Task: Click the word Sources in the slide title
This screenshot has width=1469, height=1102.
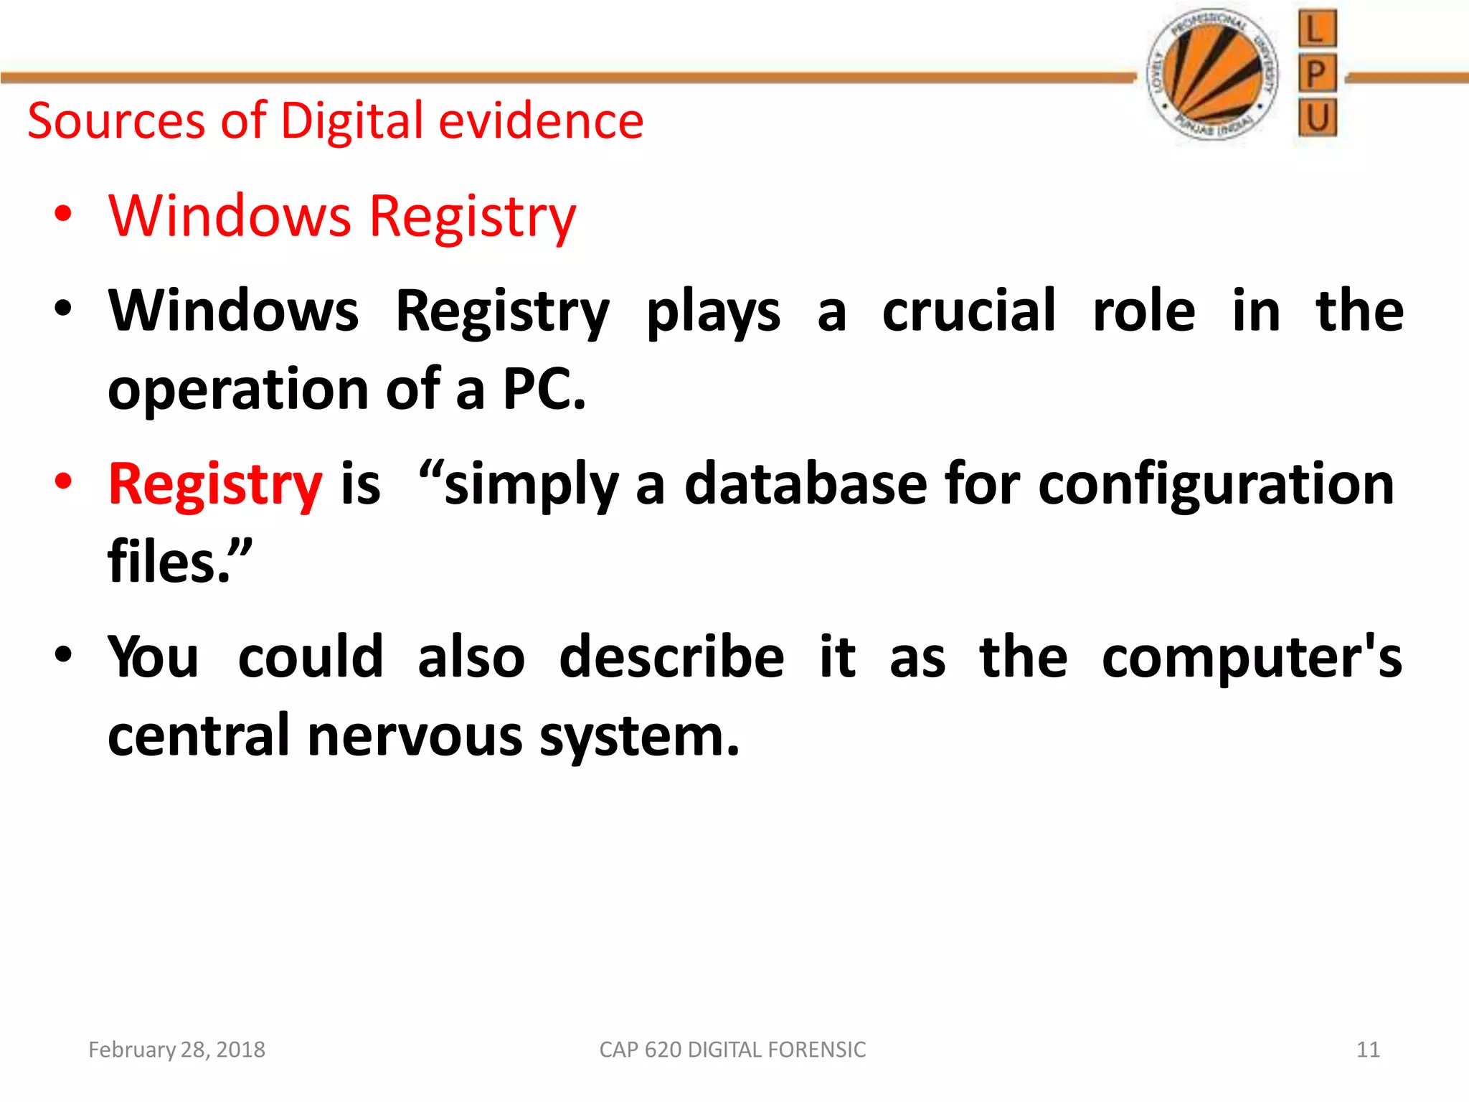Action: (x=116, y=121)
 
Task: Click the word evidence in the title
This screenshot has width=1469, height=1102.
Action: (x=541, y=121)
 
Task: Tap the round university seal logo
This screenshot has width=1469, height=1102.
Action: (x=1213, y=75)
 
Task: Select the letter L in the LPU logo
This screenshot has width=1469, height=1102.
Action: (x=1316, y=29)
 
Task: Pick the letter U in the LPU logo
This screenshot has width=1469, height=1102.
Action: (x=1317, y=117)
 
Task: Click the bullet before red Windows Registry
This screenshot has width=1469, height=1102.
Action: (x=64, y=215)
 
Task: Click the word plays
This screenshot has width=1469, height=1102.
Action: (x=713, y=313)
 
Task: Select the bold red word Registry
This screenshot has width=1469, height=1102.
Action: (x=215, y=485)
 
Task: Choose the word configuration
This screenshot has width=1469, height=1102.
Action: (x=1216, y=485)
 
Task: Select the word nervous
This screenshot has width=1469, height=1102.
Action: (x=415, y=735)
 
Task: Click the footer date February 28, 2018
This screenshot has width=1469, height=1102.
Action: (x=176, y=1050)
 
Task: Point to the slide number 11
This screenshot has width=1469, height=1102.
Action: (x=1368, y=1050)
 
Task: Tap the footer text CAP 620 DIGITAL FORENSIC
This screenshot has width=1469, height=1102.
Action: (x=732, y=1050)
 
